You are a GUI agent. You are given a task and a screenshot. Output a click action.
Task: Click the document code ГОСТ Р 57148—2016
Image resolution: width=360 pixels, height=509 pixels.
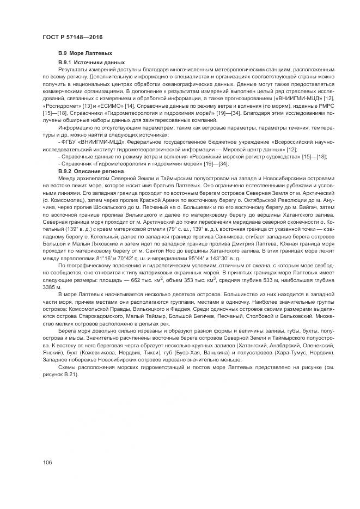72,36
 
